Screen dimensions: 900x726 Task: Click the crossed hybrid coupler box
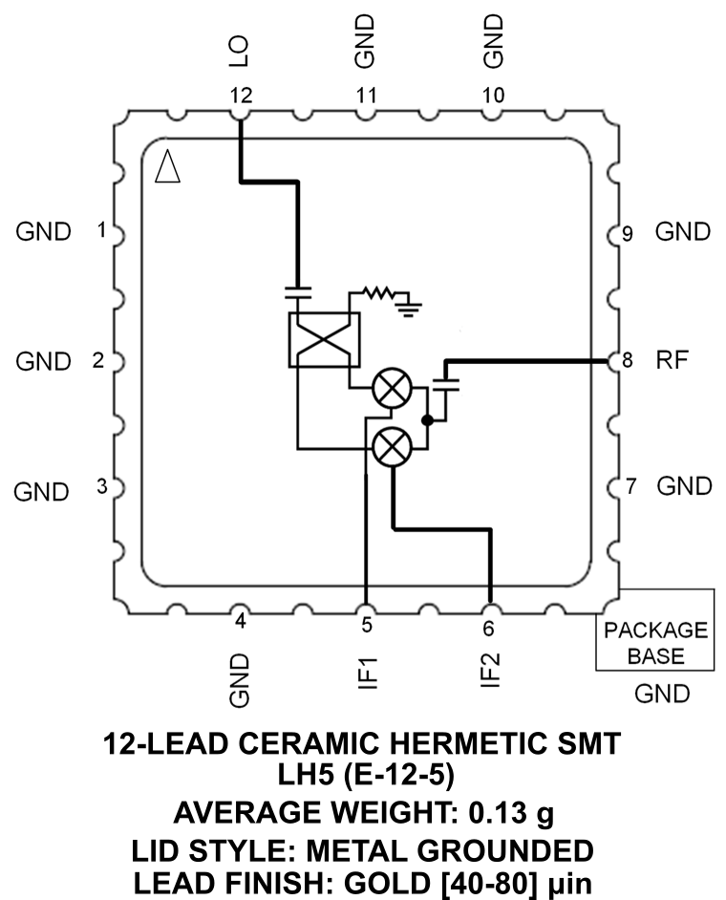(323, 339)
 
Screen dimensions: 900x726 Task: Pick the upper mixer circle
(390, 390)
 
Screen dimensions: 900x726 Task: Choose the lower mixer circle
(390, 447)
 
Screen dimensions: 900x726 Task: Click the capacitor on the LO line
(300, 289)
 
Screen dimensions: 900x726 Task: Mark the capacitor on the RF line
(446, 384)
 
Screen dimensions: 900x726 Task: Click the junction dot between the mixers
(430, 418)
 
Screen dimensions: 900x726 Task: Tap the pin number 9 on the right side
(628, 232)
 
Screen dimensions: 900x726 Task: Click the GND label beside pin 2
(43, 362)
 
